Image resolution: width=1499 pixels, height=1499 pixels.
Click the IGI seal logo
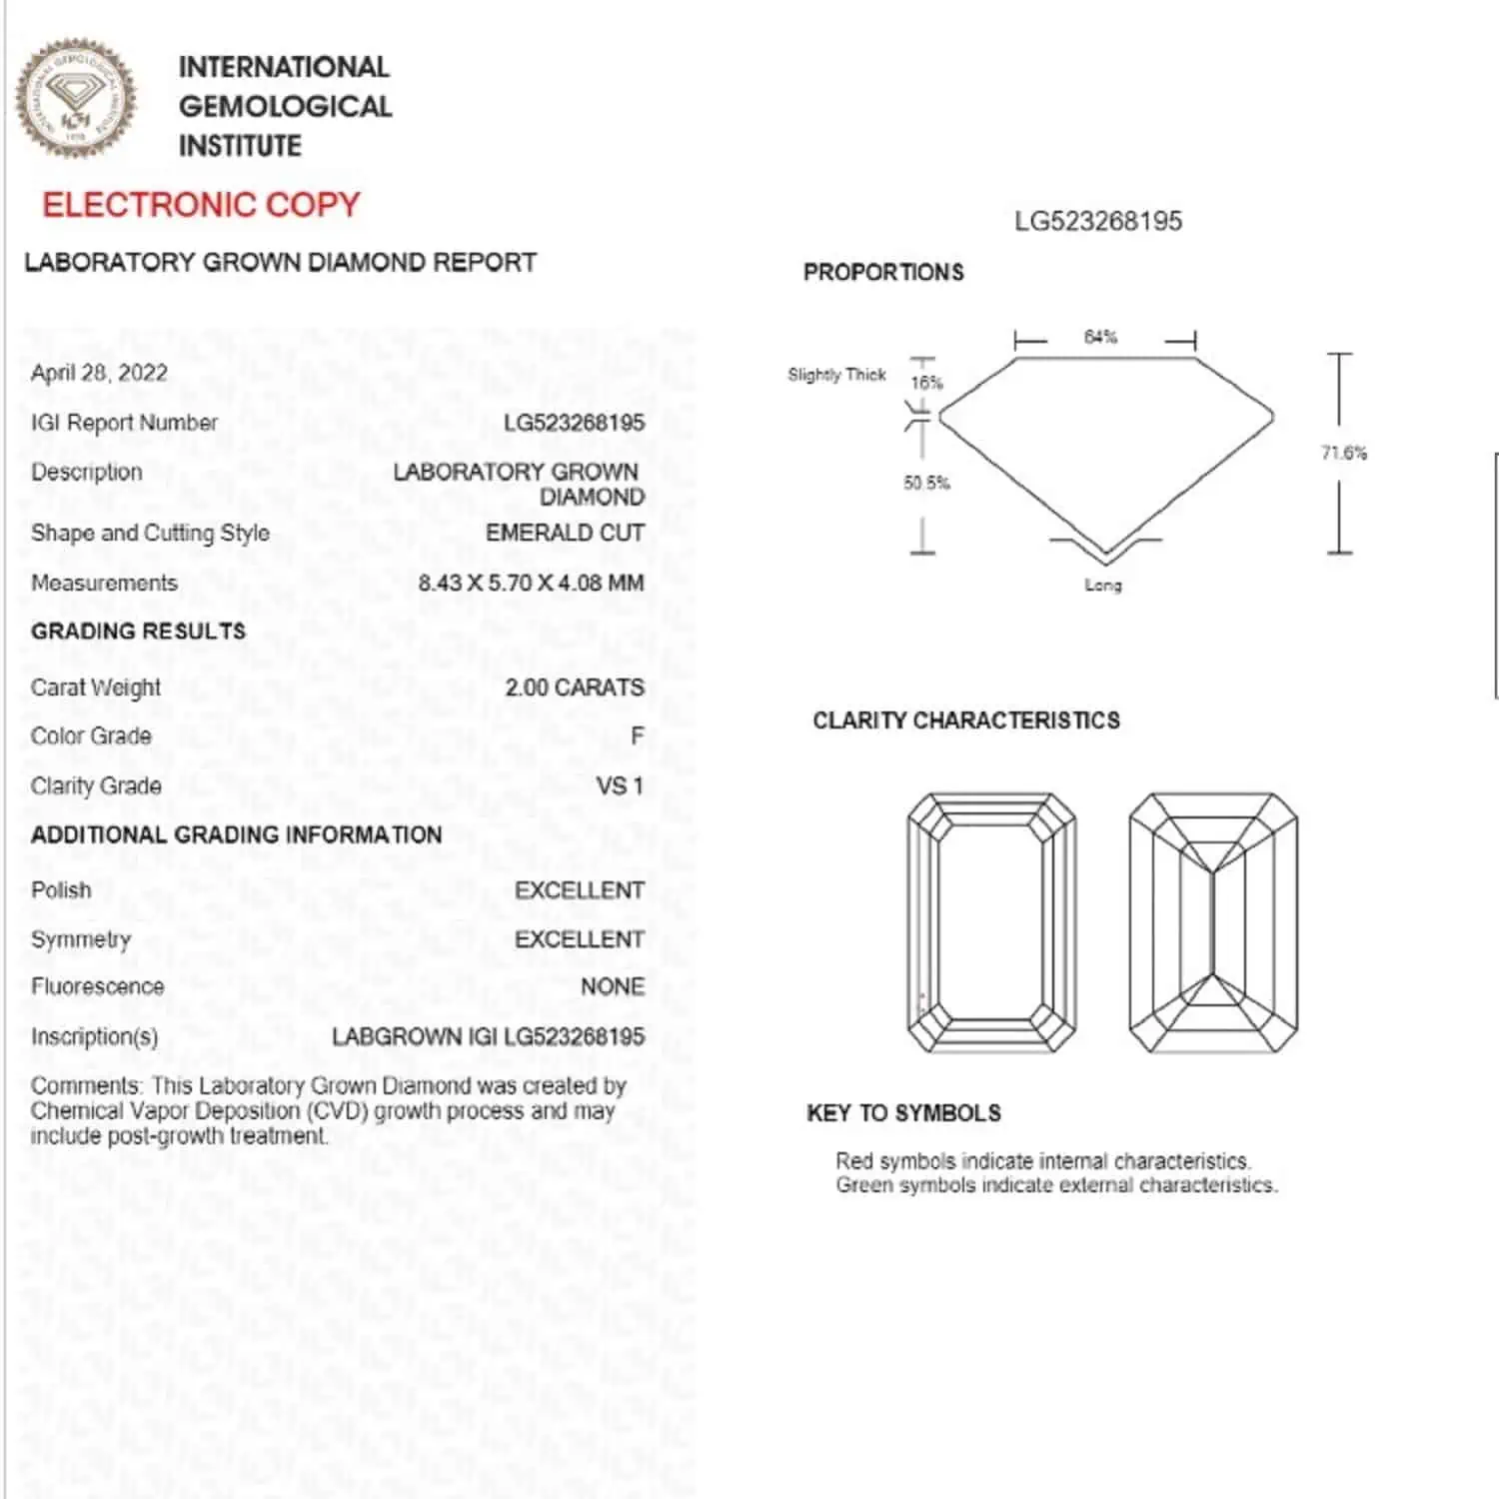tap(75, 99)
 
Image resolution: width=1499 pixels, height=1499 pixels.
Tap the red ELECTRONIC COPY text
tap(200, 205)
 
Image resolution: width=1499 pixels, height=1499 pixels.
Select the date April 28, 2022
tap(99, 373)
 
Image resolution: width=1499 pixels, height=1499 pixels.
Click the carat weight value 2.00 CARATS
tap(574, 688)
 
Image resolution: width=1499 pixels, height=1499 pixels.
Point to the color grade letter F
tap(637, 737)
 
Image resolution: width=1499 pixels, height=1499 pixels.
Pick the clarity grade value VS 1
tap(620, 785)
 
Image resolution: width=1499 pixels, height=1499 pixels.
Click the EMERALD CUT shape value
tap(565, 533)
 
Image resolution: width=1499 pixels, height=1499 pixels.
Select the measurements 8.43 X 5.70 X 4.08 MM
tap(531, 583)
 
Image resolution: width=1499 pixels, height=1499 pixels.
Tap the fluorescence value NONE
tap(612, 986)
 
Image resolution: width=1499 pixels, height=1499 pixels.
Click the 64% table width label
tap(1100, 337)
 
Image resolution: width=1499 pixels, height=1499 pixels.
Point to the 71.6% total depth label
tap(1343, 453)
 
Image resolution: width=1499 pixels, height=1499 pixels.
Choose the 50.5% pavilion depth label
tap(926, 483)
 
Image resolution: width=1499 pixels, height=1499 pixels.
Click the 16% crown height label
tap(926, 383)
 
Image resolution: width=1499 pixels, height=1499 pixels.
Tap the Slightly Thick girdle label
tap(836, 375)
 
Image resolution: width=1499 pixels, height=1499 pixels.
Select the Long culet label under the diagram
tap(1103, 585)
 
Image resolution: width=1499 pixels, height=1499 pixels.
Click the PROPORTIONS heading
tap(883, 272)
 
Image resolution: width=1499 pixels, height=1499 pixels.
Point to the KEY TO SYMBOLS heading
tap(903, 1113)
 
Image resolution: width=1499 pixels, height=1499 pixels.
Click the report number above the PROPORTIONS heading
tap(1097, 221)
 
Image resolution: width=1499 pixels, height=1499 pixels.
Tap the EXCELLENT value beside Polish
tap(579, 890)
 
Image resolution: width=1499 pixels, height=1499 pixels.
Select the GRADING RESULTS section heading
tap(138, 632)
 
